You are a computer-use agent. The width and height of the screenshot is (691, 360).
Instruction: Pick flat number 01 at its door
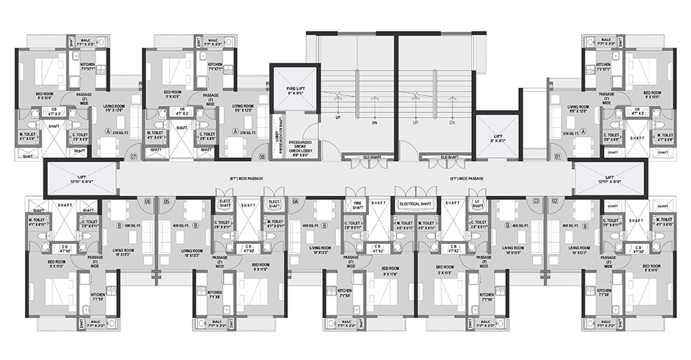click(x=558, y=156)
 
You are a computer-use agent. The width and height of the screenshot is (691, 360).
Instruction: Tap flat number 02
click(x=555, y=200)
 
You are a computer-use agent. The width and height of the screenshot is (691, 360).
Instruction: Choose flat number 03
click(x=536, y=200)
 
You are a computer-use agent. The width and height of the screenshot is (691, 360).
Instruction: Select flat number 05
click(x=167, y=200)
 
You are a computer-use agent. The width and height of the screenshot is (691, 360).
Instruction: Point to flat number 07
click(x=134, y=156)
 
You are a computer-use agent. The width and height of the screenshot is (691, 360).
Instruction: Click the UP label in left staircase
click(x=337, y=118)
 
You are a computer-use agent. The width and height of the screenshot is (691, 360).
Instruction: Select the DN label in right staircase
click(x=452, y=122)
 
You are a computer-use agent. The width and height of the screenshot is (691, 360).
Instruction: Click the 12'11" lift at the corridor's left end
click(x=80, y=179)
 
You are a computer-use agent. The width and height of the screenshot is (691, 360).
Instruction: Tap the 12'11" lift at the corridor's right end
click(x=609, y=179)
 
